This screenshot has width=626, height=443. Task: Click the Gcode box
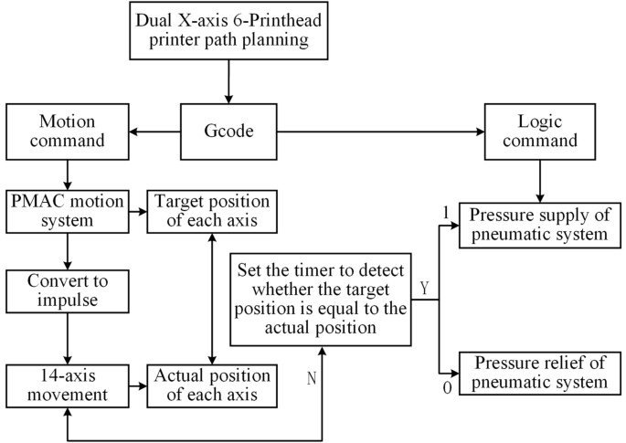pyautogui.click(x=228, y=132)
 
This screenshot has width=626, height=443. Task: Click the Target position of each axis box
pyautogui.click(x=212, y=212)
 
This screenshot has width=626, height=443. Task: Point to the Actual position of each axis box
pyautogui.click(x=212, y=385)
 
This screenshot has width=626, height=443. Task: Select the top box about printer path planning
pyautogui.click(x=228, y=35)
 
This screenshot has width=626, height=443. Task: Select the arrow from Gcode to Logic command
pyautogui.click(x=379, y=132)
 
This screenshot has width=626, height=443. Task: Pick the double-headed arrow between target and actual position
pyautogui.click(x=212, y=299)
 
